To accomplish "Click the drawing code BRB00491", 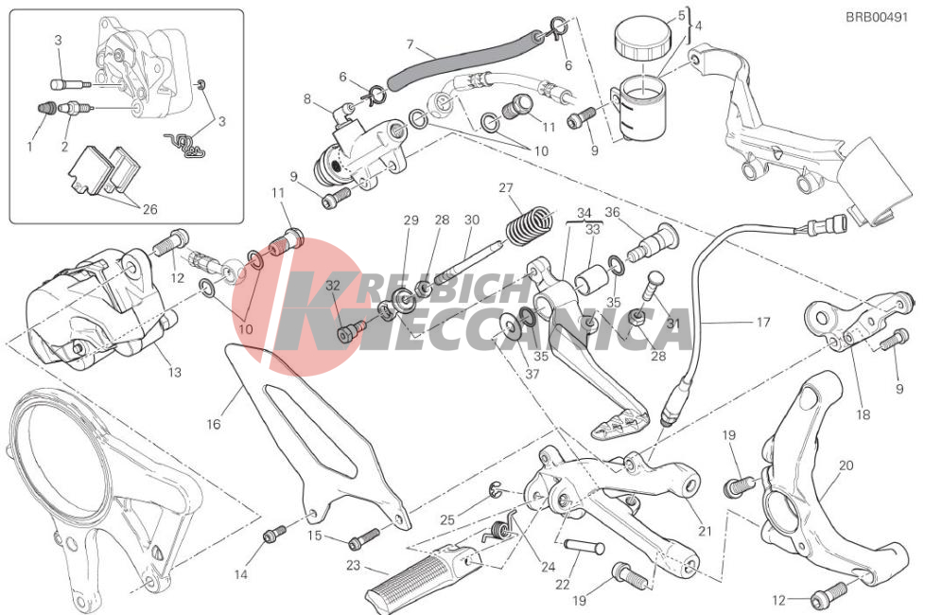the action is pyautogui.click(x=877, y=17).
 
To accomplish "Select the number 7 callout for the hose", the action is pyautogui.click(x=410, y=44).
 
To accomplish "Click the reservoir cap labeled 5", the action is pyautogui.click(x=642, y=38).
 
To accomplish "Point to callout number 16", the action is pyautogui.click(x=214, y=424).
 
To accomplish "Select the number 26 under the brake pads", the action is pyautogui.click(x=149, y=209).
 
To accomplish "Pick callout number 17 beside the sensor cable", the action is pyautogui.click(x=762, y=323).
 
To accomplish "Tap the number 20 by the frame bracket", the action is pyautogui.click(x=846, y=466).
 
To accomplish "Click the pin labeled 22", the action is pyautogui.click(x=584, y=547).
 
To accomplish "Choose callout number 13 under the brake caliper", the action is pyautogui.click(x=175, y=373).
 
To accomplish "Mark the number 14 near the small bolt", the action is pyautogui.click(x=240, y=574).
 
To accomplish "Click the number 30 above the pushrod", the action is pyautogui.click(x=471, y=220).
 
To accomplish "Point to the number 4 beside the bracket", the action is pyautogui.click(x=698, y=26).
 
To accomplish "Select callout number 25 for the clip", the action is pyautogui.click(x=447, y=520).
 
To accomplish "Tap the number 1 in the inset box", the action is pyautogui.click(x=29, y=146).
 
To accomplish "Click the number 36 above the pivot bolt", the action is pyautogui.click(x=612, y=212).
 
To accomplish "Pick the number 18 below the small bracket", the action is pyautogui.click(x=863, y=414).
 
